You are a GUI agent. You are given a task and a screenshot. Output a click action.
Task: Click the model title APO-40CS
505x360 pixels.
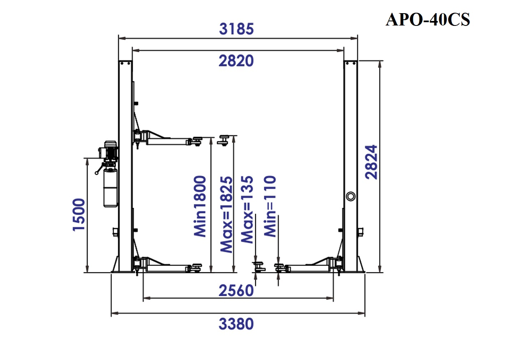(x=428, y=20)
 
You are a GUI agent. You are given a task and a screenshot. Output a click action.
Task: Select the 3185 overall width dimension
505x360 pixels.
(x=236, y=29)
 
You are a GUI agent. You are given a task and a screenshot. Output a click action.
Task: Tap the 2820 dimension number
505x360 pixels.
(x=236, y=61)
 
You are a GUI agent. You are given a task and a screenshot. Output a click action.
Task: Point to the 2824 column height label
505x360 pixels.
(x=371, y=162)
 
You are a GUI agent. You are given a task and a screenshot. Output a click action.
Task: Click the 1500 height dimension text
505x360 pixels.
(x=79, y=215)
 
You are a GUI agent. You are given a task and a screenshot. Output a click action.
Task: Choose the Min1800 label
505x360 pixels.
(x=200, y=206)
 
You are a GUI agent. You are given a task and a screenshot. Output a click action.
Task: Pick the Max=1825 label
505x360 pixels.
(x=226, y=215)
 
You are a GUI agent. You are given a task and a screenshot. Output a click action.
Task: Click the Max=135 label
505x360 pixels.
(x=247, y=210)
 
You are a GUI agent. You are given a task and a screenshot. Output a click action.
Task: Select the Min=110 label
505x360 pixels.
(x=270, y=206)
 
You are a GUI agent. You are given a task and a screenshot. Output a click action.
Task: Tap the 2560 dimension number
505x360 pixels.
(x=236, y=291)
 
